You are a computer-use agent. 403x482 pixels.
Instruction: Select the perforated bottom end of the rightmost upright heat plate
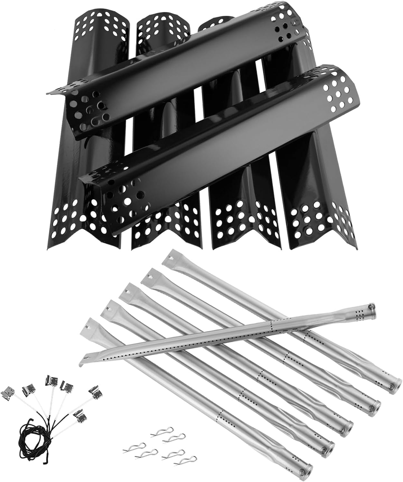coord(319,222)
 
